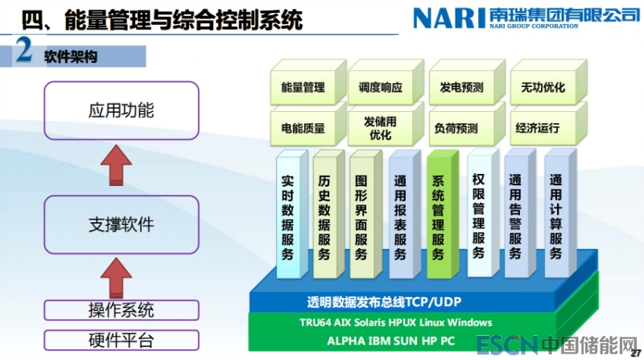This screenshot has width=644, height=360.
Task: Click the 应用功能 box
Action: (121, 110)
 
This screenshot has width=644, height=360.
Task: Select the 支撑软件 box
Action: (121, 223)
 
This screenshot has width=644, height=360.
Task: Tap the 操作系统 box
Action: (121, 309)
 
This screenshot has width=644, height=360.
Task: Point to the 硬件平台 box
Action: (121, 339)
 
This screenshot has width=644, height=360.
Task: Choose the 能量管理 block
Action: (303, 87)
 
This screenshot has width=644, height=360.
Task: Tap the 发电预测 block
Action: (461, 87)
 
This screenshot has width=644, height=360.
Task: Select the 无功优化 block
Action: (543, 87)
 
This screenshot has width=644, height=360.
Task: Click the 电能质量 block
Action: (303, 127)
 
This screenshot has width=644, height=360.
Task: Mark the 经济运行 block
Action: (543, 127)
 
